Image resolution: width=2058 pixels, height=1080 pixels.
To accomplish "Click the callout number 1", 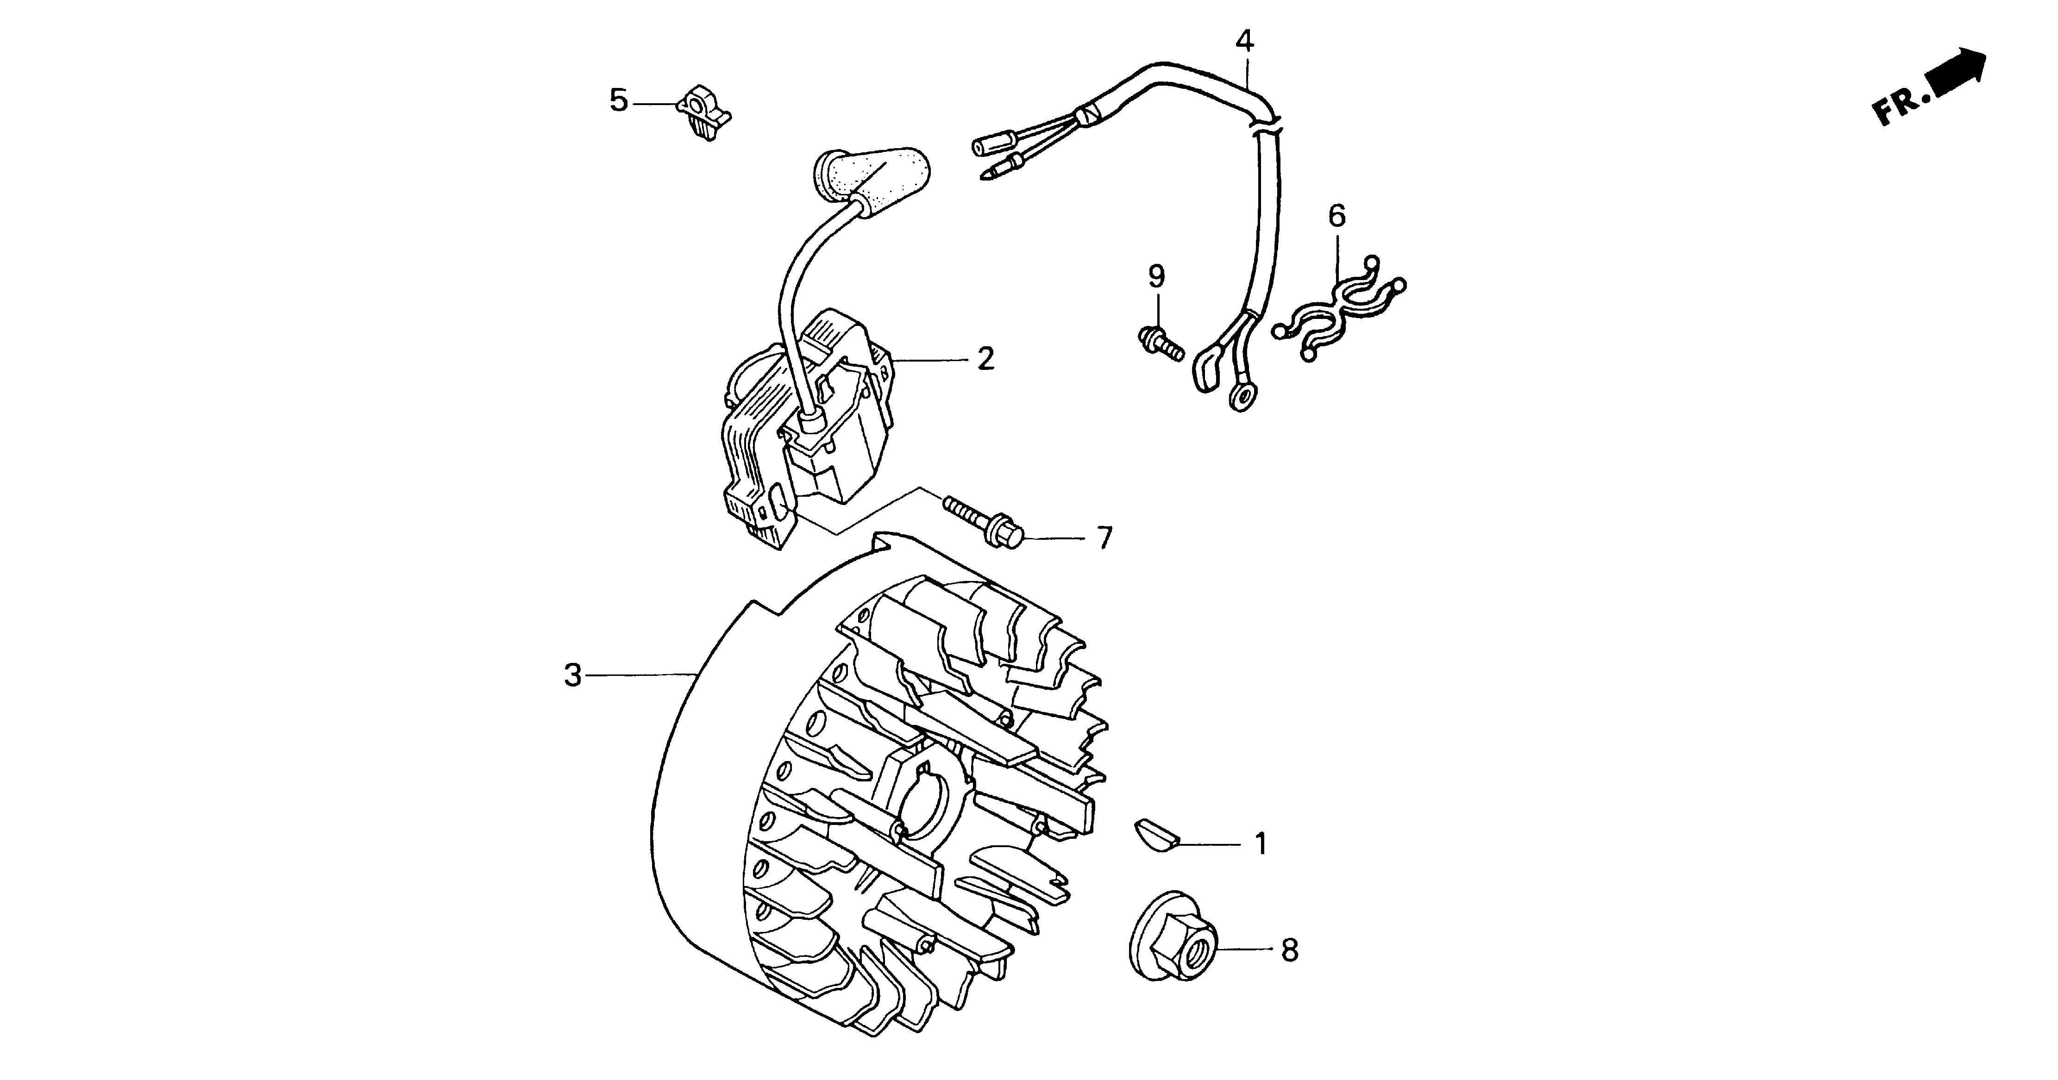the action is pyautogui.click(x=1261, y=843).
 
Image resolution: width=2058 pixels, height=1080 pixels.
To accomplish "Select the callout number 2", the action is pyautogui.click(x=986, y=360).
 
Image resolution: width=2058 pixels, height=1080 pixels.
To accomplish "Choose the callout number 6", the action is pyautogui.click(x=1336, y=216).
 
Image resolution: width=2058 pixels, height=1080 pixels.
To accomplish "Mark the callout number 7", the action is pyautogui.click(x=1104, y=538).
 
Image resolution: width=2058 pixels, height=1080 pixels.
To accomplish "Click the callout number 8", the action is pyautogui.click(x=1289, y=950).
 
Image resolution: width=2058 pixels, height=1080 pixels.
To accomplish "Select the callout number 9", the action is pyautogui.click(x=1156, y=276).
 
